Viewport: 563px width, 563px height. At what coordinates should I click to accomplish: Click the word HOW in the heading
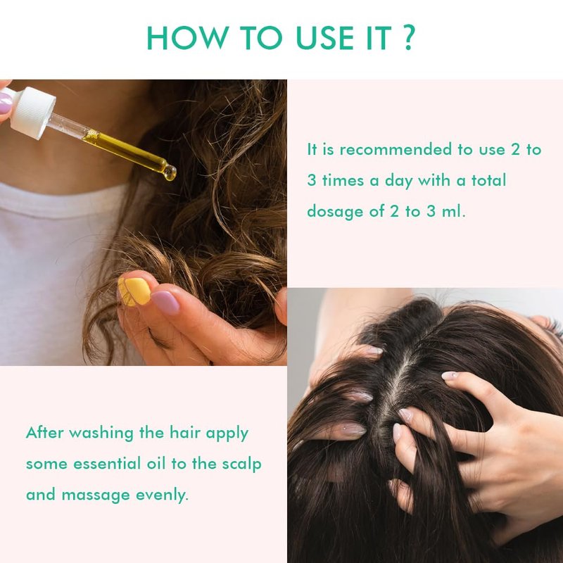pos(188,38)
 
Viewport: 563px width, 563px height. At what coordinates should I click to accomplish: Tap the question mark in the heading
pos(410,37)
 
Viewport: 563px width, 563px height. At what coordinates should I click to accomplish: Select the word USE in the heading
pos(325,38)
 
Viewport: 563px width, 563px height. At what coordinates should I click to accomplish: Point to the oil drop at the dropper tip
pos(170,172)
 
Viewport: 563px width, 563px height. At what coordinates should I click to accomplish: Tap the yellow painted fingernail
pos(135,291)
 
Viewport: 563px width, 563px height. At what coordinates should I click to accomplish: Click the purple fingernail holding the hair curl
pos(165,303)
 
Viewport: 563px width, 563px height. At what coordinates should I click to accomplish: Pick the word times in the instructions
pos(343,180)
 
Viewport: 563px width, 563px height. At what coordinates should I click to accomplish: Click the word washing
pos(101,434)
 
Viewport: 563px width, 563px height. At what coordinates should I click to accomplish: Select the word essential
pos(107,464)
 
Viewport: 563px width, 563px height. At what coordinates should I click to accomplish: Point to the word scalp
pos(241,464)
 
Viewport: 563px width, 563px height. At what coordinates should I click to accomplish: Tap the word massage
pos(96,495)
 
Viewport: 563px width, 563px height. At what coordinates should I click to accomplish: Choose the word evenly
pos(162,495)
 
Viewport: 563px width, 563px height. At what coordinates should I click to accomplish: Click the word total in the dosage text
pos(488,180)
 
